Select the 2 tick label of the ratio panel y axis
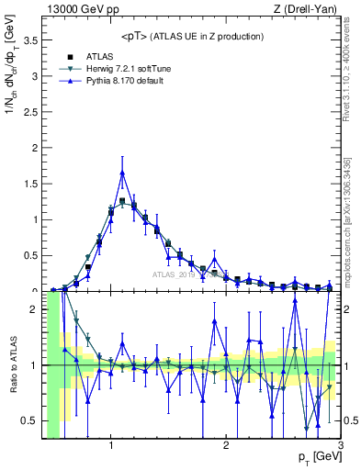coord(35,309)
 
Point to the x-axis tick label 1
coord(111,445)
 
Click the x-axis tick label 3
coord(340,445)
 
